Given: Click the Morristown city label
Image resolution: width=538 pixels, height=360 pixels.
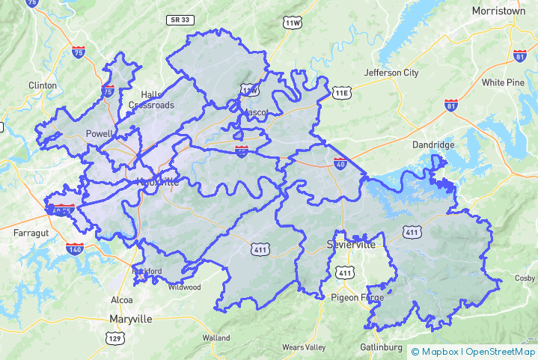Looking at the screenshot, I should click(500, 11).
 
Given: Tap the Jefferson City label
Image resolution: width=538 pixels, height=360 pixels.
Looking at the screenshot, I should click(391, 73).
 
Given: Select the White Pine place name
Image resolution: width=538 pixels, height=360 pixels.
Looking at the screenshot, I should click(503, 82).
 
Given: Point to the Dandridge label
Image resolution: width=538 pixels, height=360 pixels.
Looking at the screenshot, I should click(433, 144).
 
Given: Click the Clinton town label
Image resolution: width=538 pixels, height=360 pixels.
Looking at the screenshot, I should click(43, 85).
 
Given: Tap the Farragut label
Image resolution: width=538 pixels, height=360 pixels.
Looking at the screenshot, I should click(31, 234).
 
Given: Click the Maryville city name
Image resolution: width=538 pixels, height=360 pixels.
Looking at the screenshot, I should click(131, 319).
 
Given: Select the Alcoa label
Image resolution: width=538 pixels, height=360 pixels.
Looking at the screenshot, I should click(122, 299).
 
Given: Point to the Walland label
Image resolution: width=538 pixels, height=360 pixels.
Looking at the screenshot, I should click(216, 338).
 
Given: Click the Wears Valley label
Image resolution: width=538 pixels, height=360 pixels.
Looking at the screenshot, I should click(304, 347).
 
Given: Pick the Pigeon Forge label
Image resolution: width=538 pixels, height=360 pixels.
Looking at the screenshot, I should click(358, 297).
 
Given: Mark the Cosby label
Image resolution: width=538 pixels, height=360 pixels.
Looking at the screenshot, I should click(525, 278).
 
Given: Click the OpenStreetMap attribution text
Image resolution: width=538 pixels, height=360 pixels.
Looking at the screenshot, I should click(501, 351).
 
